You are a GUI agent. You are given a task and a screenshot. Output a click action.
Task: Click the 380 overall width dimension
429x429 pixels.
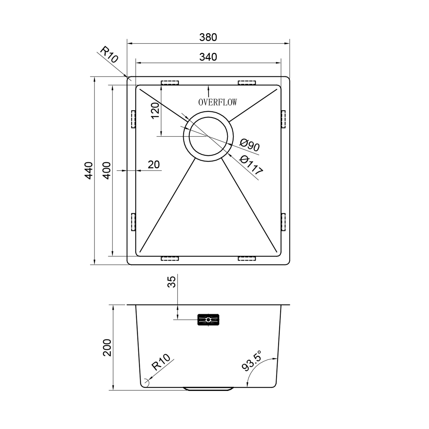[x=208, y=37]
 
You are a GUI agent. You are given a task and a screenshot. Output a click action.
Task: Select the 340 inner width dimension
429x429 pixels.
[x=208, y=57]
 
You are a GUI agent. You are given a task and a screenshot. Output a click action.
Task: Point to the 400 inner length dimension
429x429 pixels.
[x=106, y=171]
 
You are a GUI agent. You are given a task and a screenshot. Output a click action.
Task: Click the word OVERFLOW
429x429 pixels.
[x=218, y=102]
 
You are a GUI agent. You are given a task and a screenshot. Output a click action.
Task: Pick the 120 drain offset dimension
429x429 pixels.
[x=155, y=111]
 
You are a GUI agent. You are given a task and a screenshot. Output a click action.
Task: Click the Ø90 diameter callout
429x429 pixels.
[x=250, y=145]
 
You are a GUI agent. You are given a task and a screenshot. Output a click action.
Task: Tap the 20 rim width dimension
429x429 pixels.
[x=154, y=165]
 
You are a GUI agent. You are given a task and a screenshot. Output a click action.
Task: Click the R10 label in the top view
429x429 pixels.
[x=109, y=55]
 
